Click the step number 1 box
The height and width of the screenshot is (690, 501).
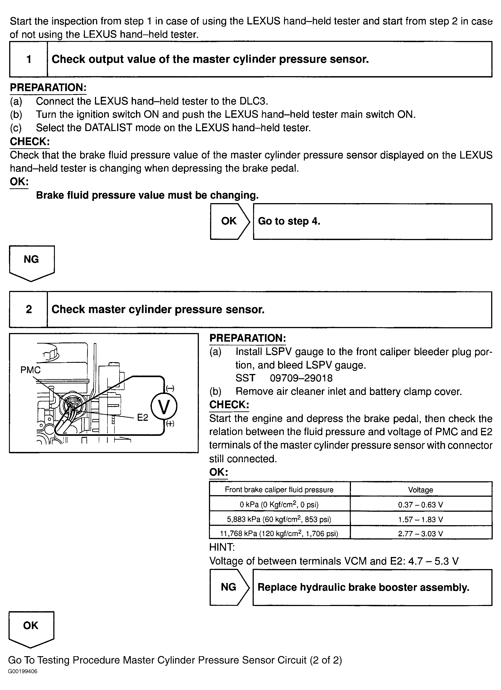click(29, 59)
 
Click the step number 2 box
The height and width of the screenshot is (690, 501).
click(29, 310)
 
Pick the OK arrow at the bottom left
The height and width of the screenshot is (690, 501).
click(31, 628)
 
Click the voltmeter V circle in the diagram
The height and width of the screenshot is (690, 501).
click(164, 407)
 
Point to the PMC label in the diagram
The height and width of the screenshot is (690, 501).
click(30, 370)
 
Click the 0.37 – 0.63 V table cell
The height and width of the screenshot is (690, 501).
click(420, 505)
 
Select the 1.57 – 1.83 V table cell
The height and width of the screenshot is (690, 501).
click(420, 519)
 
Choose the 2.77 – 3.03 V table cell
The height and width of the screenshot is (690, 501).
click(420, 534)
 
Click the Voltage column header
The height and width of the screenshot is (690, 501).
click(420, 490)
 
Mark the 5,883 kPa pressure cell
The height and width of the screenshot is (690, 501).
click(279, 519)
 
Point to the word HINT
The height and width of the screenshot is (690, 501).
click(222, 547)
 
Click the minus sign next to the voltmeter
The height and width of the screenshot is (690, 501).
click(170, 388)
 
